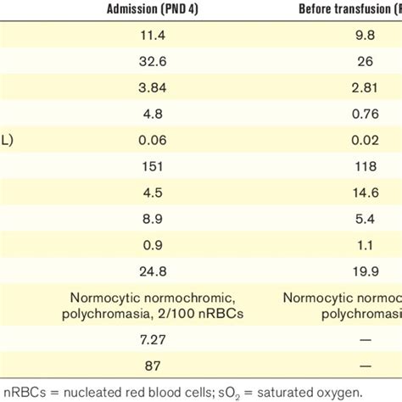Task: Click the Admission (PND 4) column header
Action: click(x=154, y=10)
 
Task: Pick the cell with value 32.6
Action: click(x=154, y=61)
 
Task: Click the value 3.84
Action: click(x=154, y=87)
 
